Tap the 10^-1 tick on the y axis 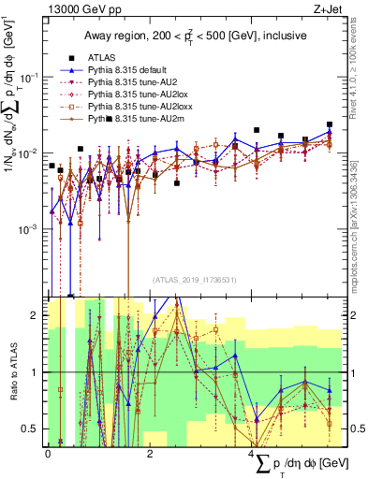tap(30, 77)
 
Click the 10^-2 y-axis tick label tap(30, 152)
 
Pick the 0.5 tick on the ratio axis tap(31, 428)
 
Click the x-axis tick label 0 tap(48, 452)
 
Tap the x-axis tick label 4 tap(252, 452)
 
